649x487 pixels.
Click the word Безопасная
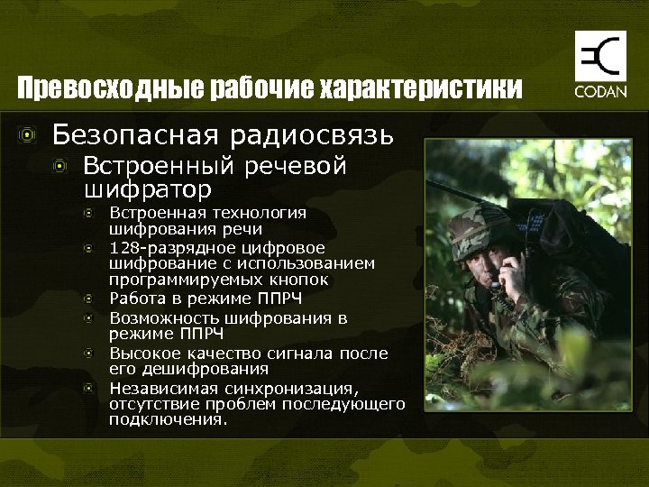pyautogui.click(x=137, y=135)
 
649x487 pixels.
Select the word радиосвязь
pyautogui.click(x=312, y=135)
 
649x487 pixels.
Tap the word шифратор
pyautogui.click(x=147, y=189)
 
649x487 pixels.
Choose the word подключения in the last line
pyautogui.click(x=167, y=419)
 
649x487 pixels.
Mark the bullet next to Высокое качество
pyautogui.click(x=88, y=353)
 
